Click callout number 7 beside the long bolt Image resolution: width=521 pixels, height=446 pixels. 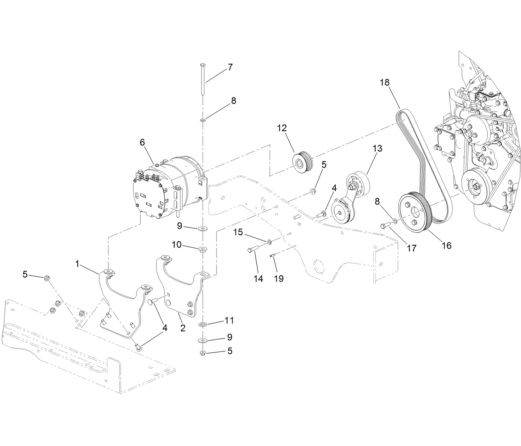230,67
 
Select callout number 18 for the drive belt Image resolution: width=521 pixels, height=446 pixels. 385,82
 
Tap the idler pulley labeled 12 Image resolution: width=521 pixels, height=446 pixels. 303,163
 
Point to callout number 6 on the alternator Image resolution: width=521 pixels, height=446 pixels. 142,142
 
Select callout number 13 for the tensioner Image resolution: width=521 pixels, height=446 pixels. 377,148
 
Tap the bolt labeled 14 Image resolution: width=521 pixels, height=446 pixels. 252,249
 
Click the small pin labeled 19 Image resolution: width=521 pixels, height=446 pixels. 272,257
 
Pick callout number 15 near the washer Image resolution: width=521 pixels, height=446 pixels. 238,232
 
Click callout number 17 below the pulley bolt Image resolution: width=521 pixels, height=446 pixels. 411,248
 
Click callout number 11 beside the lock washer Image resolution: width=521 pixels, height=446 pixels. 229,320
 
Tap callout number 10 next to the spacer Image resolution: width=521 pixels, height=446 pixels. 176,244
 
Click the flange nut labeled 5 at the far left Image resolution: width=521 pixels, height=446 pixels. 47,278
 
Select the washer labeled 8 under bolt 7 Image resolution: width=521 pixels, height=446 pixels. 203,120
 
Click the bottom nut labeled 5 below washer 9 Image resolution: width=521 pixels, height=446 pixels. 202,353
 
